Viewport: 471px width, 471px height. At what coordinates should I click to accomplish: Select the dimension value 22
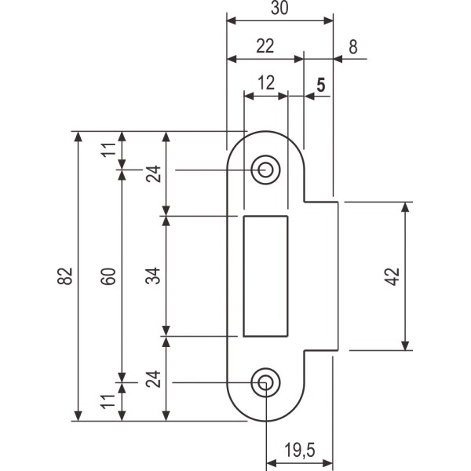coord(265,46)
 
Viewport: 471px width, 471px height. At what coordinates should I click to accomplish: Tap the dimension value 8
coord(353,46)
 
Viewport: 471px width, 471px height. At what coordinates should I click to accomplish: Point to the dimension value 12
coord(265,82)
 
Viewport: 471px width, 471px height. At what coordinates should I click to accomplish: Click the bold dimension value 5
coord(320,83)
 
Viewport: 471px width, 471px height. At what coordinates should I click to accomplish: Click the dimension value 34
coord(154,276)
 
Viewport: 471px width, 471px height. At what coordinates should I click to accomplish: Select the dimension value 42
coord(393,276)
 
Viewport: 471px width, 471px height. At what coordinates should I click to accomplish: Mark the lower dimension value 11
coord(110,402)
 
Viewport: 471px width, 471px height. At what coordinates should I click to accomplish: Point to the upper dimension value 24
coord(154,173)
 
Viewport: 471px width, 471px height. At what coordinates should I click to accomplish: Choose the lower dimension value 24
coord(154,382)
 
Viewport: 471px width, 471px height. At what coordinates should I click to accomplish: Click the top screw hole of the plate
coord(266,170)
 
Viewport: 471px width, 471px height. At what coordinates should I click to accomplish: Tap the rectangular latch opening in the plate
coord(266,276)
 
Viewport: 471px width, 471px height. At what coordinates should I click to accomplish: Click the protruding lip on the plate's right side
coord(322,276)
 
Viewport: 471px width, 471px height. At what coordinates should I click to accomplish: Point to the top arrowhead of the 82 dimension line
coord(78,137)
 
